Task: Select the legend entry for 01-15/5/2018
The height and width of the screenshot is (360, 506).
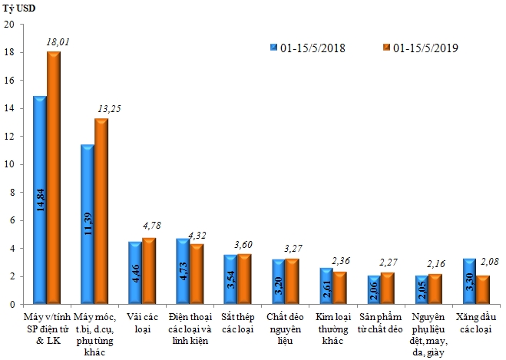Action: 307,48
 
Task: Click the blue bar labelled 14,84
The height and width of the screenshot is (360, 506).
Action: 39,200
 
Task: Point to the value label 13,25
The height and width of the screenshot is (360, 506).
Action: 109,109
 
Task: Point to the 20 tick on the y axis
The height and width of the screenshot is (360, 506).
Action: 10,25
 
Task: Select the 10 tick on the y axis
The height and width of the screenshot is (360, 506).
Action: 10,164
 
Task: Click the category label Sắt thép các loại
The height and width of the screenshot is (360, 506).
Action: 237,322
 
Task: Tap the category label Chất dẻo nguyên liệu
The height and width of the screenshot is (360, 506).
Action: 285,328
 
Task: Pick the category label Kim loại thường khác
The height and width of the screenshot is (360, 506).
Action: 333,328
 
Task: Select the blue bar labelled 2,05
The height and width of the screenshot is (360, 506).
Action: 421,289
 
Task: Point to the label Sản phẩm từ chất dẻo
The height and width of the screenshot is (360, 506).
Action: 381,322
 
